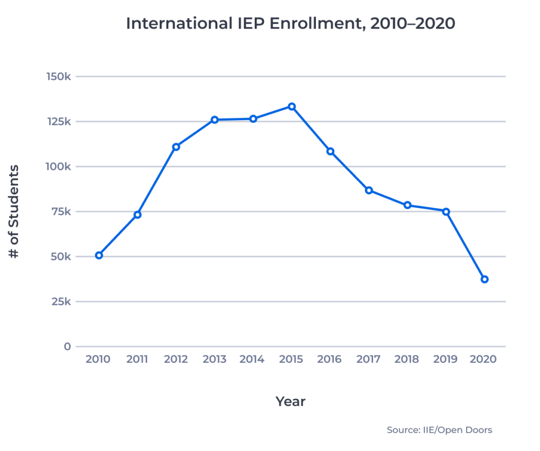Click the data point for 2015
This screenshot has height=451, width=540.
coord(292,107)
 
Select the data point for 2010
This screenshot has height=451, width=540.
coord(99,255)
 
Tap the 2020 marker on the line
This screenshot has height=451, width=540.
coord(485,279)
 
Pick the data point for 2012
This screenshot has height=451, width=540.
coord(176,147)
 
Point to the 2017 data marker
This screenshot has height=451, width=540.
coord(369,190)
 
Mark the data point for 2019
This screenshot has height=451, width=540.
coord(446,212)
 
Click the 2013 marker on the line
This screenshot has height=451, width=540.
coord(215,120)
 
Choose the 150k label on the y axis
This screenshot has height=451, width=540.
coord(58,76)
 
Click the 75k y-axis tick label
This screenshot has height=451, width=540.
coord(61,212)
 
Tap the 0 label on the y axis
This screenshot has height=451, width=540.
coord(67,347)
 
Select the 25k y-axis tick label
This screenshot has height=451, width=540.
coord(61,302)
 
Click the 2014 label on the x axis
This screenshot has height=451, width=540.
coord(252,360)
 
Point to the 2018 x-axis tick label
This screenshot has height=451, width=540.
coord(407,360)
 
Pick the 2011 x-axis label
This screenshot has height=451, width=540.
coord(137,360)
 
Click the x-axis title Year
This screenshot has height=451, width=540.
coord(291,401)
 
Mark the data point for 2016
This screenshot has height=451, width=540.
coord(331,151)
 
